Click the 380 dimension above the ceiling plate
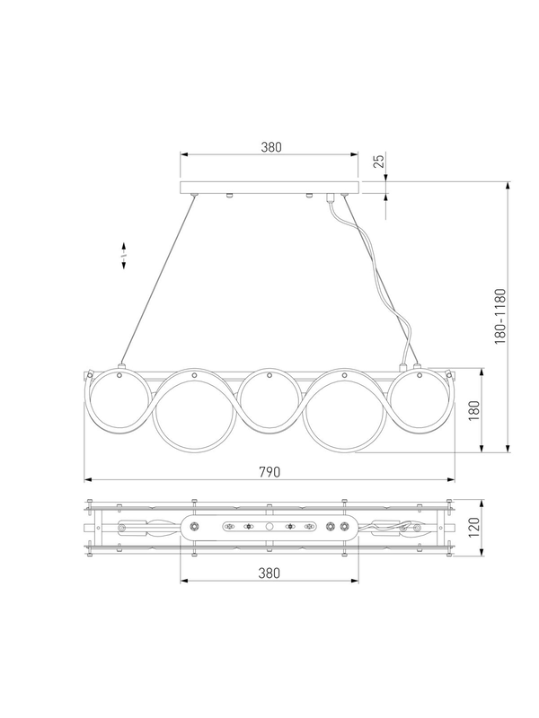pos(271,147)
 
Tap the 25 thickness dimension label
pos(379,162)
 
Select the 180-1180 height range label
pos(500,317)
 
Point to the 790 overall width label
pos(269,472)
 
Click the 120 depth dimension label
pos(474,528)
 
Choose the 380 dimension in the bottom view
pos(269,573)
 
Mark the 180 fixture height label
pos(474,411)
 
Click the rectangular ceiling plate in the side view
pos(269,188)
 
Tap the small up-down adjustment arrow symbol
pos(124,256)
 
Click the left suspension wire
pos(157,280)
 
